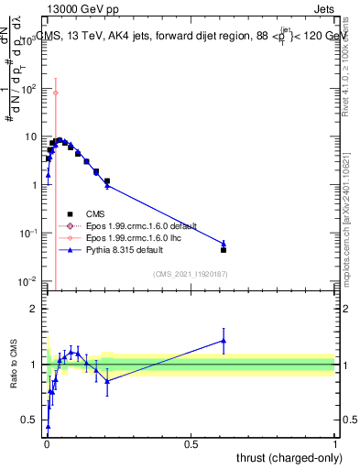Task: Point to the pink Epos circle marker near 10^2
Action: tap(55, 93)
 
